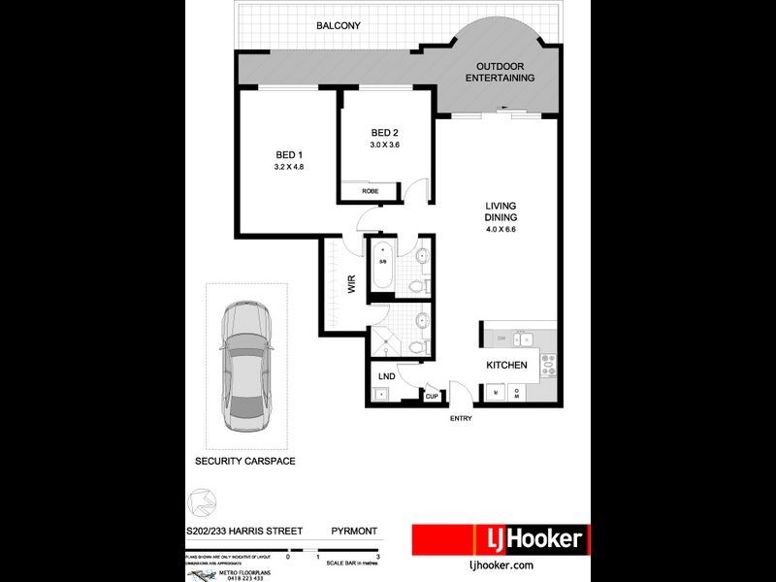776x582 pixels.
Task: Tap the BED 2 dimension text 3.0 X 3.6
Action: click(385, 145)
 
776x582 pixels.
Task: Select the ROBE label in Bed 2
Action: click(370, 191)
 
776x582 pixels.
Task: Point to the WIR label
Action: click(351, 284)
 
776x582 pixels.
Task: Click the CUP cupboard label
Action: click(432, 396)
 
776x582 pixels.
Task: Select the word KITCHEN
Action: click(506, 366)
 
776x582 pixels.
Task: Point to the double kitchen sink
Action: click(524, 339)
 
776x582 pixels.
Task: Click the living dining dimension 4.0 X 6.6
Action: click(501, 230)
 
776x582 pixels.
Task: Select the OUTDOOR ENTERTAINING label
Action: click(499, 73)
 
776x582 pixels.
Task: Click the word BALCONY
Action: click(338, 25)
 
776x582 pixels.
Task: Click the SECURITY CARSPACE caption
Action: click(245, 461)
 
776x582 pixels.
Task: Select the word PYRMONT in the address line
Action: click(354, 532)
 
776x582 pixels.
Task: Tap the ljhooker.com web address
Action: click(501, 566)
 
